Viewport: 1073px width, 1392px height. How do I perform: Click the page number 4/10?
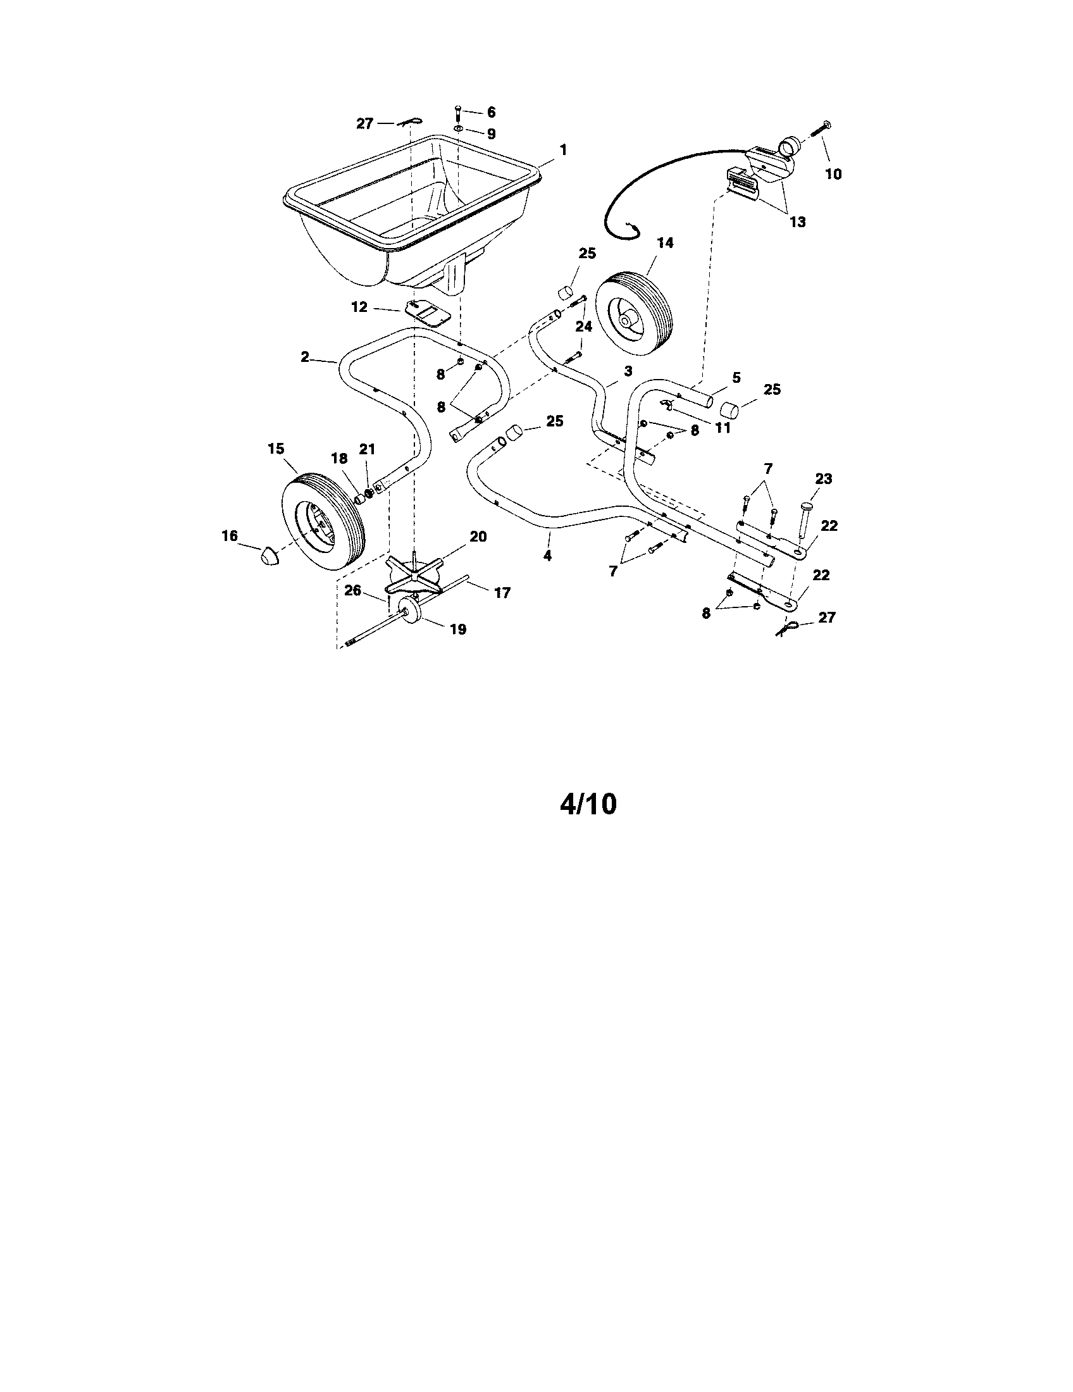tap(588, 804)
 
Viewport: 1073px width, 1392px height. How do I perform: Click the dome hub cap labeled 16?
tap(271, 555)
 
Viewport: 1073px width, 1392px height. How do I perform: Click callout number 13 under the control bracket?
tap(797, 222)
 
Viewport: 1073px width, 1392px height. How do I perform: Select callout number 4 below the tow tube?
tap(547, 556)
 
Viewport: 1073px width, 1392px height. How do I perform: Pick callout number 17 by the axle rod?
tap(502, 593)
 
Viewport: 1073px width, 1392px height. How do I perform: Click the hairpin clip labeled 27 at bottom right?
tap(786, 628)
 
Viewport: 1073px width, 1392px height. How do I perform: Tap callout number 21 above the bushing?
tap(368, 449)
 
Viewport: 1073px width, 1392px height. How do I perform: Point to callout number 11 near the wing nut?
tap(722, 428)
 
